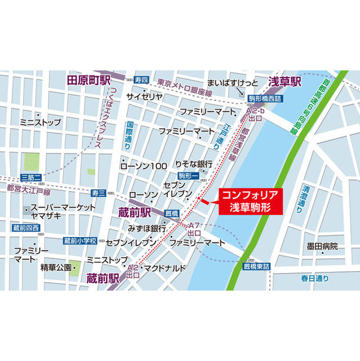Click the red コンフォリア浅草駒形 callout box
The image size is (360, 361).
click(x=249, y=201)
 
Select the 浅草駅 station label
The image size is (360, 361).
click(x=284, y=81)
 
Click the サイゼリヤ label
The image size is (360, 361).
click(x=145, y=96)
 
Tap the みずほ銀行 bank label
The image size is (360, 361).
click(x=147, y=228)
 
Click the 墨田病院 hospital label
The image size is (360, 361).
click(x=322, y=246)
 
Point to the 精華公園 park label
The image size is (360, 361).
click(x=56, y=267)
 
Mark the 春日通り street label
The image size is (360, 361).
click(x=314, y=279)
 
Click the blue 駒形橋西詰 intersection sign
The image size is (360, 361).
click(x=267, y=98)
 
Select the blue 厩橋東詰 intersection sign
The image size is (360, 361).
click(x=257, y=265)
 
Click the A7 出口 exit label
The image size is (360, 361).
click(x=194, y=228)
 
